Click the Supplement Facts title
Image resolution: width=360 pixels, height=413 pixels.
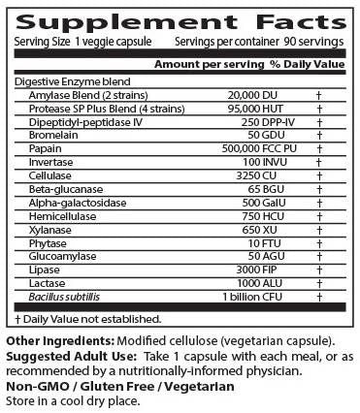point(180,20)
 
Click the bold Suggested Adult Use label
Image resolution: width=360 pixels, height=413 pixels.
point(67,355)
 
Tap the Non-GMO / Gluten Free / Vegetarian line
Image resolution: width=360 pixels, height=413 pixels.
point(120,385)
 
